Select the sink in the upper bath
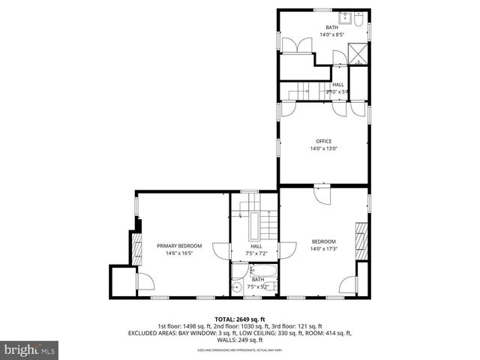point(347,17)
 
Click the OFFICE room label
point(323,140)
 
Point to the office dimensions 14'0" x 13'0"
point(323,148)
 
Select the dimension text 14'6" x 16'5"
point(180,253)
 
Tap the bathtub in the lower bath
point(262,271)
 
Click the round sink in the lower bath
point(237,286)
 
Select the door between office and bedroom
point(319,193)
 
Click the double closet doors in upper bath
point(290,44)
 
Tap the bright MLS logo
point(29,349)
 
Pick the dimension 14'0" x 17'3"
point(323,249)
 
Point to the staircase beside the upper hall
point(300,91)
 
